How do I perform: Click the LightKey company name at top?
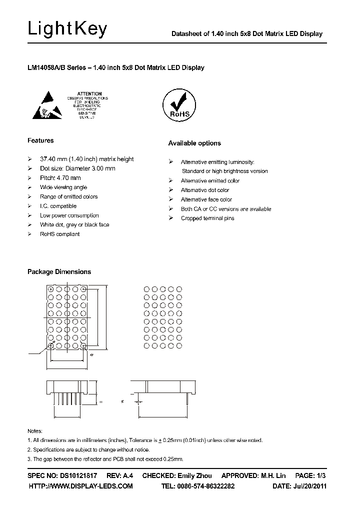[x=67, y=30]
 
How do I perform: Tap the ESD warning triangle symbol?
[x=47, y=105]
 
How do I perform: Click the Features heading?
[x=40, y=140]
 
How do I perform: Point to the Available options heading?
[x=194, y=143]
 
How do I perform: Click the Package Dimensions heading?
[x=58, y=271]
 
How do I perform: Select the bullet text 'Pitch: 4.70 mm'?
[x=60, y=178]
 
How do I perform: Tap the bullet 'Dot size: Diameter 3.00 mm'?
[x=77, y=168]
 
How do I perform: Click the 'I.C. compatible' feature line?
[x=58, y=206]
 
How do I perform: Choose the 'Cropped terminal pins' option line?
[x=207, y=218]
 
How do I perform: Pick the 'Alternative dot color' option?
[x=204, y=190]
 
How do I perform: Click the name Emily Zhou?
[x=194, y=475]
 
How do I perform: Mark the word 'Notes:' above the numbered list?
[x=34, y=431]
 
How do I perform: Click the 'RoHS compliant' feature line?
[x=59, y=234]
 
